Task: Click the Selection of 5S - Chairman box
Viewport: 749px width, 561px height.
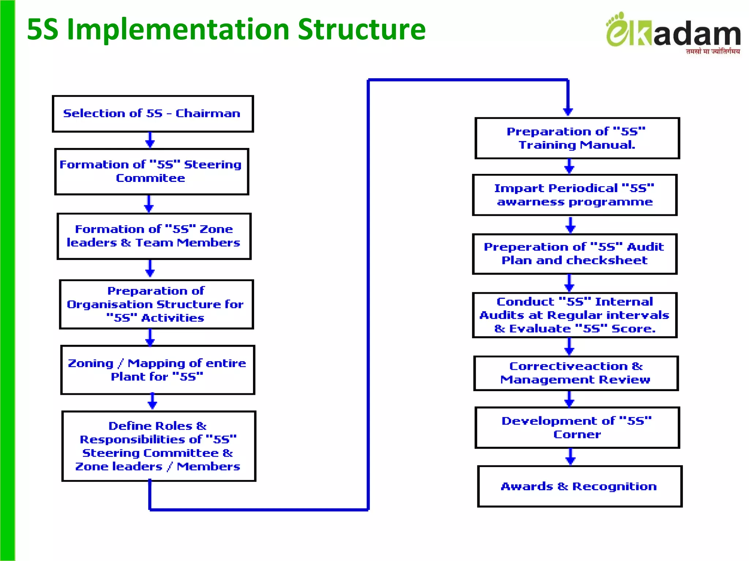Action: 153,114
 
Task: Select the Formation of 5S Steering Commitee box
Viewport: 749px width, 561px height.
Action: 151,171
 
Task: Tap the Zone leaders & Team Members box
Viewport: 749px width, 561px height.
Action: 154,236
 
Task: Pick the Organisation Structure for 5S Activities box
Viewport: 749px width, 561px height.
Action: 156,304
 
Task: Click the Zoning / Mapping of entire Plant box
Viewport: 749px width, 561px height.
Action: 157,370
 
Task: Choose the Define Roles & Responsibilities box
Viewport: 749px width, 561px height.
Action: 158,446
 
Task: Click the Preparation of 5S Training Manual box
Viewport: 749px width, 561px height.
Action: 577,138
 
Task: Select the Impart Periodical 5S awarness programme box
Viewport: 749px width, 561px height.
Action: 575,195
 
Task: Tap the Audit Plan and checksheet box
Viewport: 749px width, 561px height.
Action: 575,254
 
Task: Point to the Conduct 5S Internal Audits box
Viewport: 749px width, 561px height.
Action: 575,315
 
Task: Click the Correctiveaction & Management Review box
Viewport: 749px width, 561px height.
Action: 576,373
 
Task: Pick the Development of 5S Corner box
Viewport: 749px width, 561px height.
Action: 577,427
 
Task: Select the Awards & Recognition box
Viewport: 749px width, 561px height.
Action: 579,486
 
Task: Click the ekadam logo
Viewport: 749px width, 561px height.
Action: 673,31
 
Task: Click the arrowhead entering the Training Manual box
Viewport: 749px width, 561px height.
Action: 568,111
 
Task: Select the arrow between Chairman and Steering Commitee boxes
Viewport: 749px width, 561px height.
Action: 150,140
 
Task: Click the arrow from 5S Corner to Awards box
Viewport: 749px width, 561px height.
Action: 570,457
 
